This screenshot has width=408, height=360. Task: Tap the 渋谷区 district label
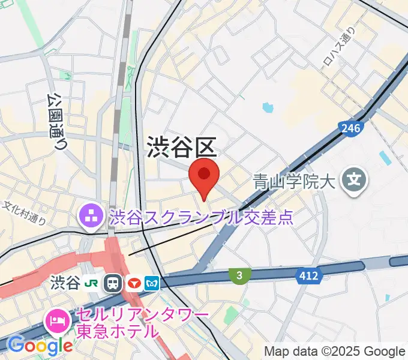(x=181, y=147)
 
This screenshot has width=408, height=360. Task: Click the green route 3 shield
(x=239, y=275)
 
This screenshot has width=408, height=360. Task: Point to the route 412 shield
(x=310, y=275)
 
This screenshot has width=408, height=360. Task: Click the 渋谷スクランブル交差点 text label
(x=201, y=217)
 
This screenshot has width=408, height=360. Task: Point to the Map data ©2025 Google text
(x=335, y=351)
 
